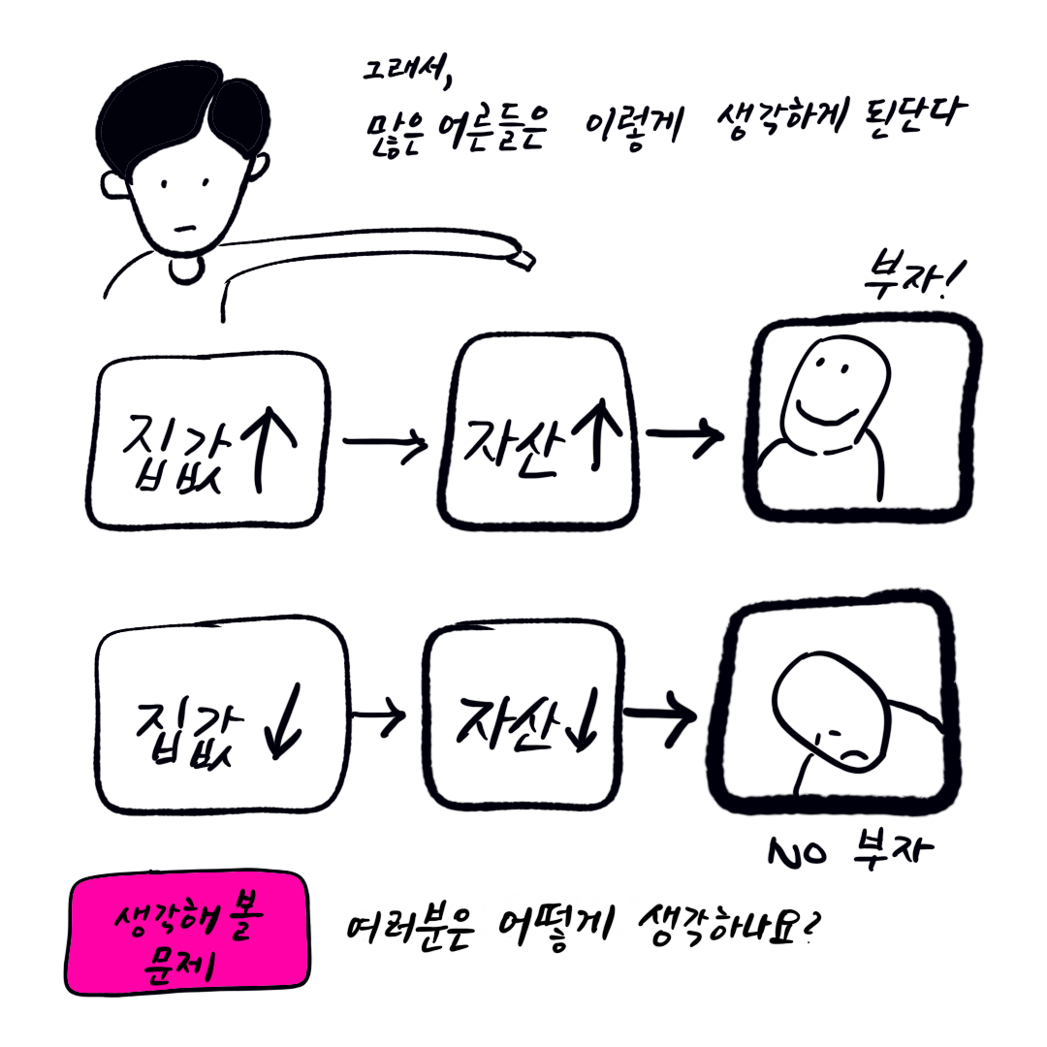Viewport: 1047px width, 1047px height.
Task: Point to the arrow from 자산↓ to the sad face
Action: [658, 718]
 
